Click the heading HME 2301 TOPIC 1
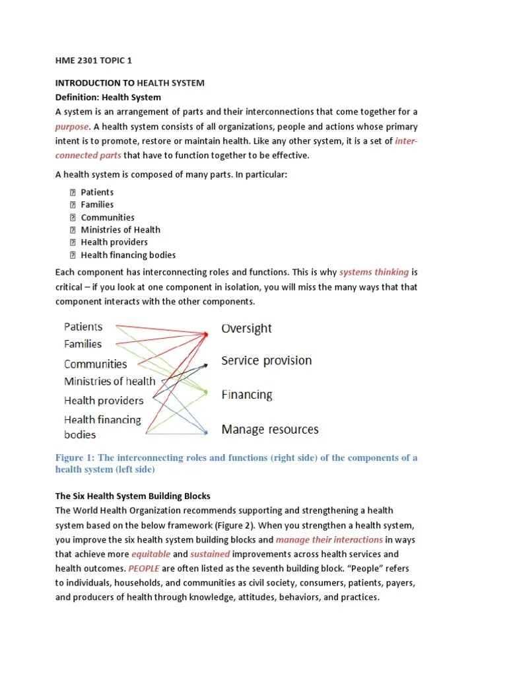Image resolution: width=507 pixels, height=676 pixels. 94,61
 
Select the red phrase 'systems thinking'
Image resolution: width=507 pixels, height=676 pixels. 374,272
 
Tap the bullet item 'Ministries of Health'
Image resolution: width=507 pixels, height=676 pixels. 120,230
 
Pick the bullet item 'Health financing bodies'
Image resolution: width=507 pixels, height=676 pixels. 128,255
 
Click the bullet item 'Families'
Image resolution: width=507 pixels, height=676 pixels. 97,205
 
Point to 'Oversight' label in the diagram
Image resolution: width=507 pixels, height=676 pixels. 246,329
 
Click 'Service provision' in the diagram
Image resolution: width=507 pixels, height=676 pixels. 266,361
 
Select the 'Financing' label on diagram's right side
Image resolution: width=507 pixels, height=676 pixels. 246,395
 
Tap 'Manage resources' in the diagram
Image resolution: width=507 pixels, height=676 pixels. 269,430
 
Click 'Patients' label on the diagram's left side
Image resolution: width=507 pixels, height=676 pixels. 83,327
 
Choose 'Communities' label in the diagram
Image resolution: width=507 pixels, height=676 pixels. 95,364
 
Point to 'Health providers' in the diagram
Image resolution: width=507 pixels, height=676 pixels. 104,401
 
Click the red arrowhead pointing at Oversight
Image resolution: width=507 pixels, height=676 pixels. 206,335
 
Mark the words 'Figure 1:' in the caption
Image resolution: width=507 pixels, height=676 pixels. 75,458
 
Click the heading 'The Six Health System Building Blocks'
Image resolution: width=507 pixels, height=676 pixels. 133,496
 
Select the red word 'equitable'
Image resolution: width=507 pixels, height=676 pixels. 151,554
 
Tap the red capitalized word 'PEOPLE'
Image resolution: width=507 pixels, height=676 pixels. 145,568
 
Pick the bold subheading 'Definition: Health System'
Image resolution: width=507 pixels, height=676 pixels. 108,97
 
